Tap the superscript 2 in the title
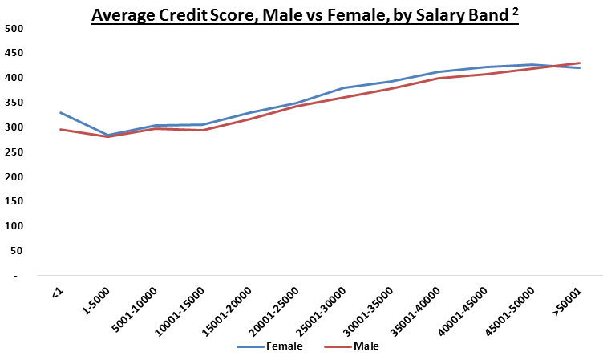click(x=513, y=10)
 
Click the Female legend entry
click(x=280, y=346)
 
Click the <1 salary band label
click(x=56, y=295)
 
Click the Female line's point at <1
click(x=60, y=112)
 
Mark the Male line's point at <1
click(x=60, y=129)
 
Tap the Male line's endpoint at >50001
click(x=580, y=63)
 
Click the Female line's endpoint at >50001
click(x=580, y=68)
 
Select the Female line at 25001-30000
click(x=344, y=87)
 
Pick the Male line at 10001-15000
click(x=202, y=130)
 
